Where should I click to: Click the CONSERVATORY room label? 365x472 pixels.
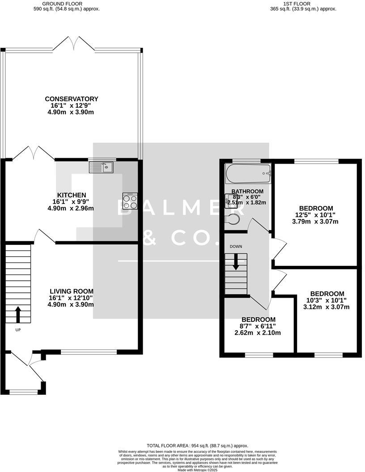72,99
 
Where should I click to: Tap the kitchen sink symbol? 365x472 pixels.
102,167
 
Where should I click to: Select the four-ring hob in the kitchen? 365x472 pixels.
130,201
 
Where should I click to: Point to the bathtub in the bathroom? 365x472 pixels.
249,173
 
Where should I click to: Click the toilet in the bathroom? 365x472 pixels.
233,219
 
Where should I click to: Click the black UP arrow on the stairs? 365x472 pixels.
18,314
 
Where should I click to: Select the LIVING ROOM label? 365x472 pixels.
71,291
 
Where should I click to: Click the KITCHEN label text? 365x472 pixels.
72,195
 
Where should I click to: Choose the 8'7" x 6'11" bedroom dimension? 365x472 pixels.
259,326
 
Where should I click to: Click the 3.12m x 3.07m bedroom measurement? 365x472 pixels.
326,307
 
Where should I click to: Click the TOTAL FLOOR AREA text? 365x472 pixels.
197,446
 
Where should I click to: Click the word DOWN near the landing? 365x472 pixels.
236,246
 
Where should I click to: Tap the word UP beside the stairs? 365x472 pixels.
18,330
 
